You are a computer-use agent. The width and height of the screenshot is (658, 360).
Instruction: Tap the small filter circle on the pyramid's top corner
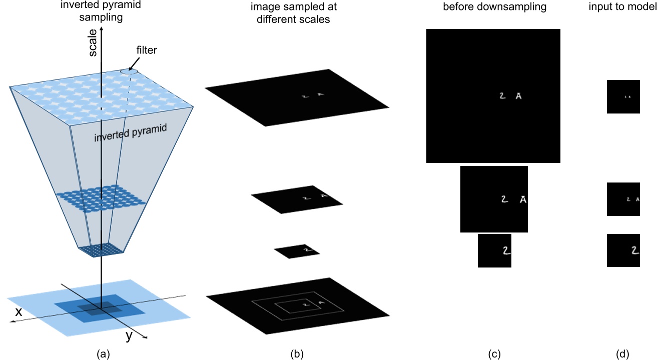click(x=129, y=71)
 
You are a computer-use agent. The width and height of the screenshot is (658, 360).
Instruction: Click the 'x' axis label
click(x=18, y=311)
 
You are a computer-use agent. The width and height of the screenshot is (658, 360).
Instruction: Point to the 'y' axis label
click(x=129, y=336)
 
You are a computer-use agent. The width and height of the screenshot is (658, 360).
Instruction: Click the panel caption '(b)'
click(x=297, y=354)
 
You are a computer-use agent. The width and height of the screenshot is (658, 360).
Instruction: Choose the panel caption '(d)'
click(x=623, y=354)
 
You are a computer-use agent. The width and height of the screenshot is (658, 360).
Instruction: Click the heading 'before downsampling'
click(x=493, y=7)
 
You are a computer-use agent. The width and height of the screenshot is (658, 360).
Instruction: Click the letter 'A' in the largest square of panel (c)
click(x=518, y=96)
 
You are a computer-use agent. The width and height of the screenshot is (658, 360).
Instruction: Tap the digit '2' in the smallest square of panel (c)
click(x=506, y=250)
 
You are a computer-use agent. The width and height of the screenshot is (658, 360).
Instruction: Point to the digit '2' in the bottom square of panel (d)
click(x=635, y=250)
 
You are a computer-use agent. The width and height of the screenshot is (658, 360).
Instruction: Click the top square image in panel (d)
click(x=623, y=96)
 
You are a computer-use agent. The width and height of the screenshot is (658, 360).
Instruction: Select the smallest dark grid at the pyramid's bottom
click(x=102, y=249)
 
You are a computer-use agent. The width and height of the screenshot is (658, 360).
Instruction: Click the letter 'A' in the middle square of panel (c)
click(x=523, y=199)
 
